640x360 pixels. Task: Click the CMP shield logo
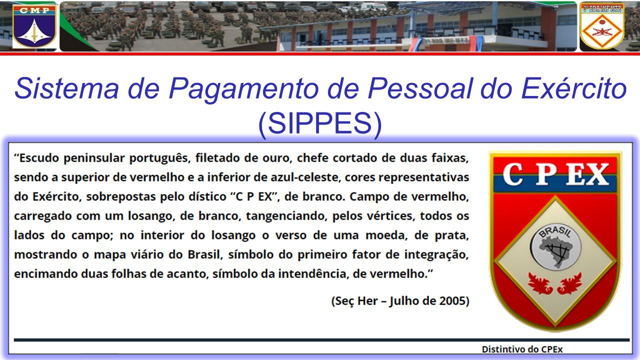pyautogui.click(x=34, y=26)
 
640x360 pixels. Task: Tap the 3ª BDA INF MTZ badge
pyautogui.click(x=602, y=26)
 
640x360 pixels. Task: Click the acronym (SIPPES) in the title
pyautogui.click(x=320, y=123)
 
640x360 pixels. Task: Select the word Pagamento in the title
pyautogui.click(x=243, y=88)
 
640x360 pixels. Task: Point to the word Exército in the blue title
pyautogui.click(x=574, y=87)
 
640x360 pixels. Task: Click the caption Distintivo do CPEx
pyautogui.click(x=522, y=349)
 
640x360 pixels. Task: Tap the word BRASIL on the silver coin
pyautogui.click(x=555, y=233)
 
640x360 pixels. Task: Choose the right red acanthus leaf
pyautogui.click(x=569, y=283)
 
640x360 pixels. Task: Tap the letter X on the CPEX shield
pyautogui.click(x=596, y=174)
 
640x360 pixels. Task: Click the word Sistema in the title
pyautogui.click(x=66, y=88)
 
